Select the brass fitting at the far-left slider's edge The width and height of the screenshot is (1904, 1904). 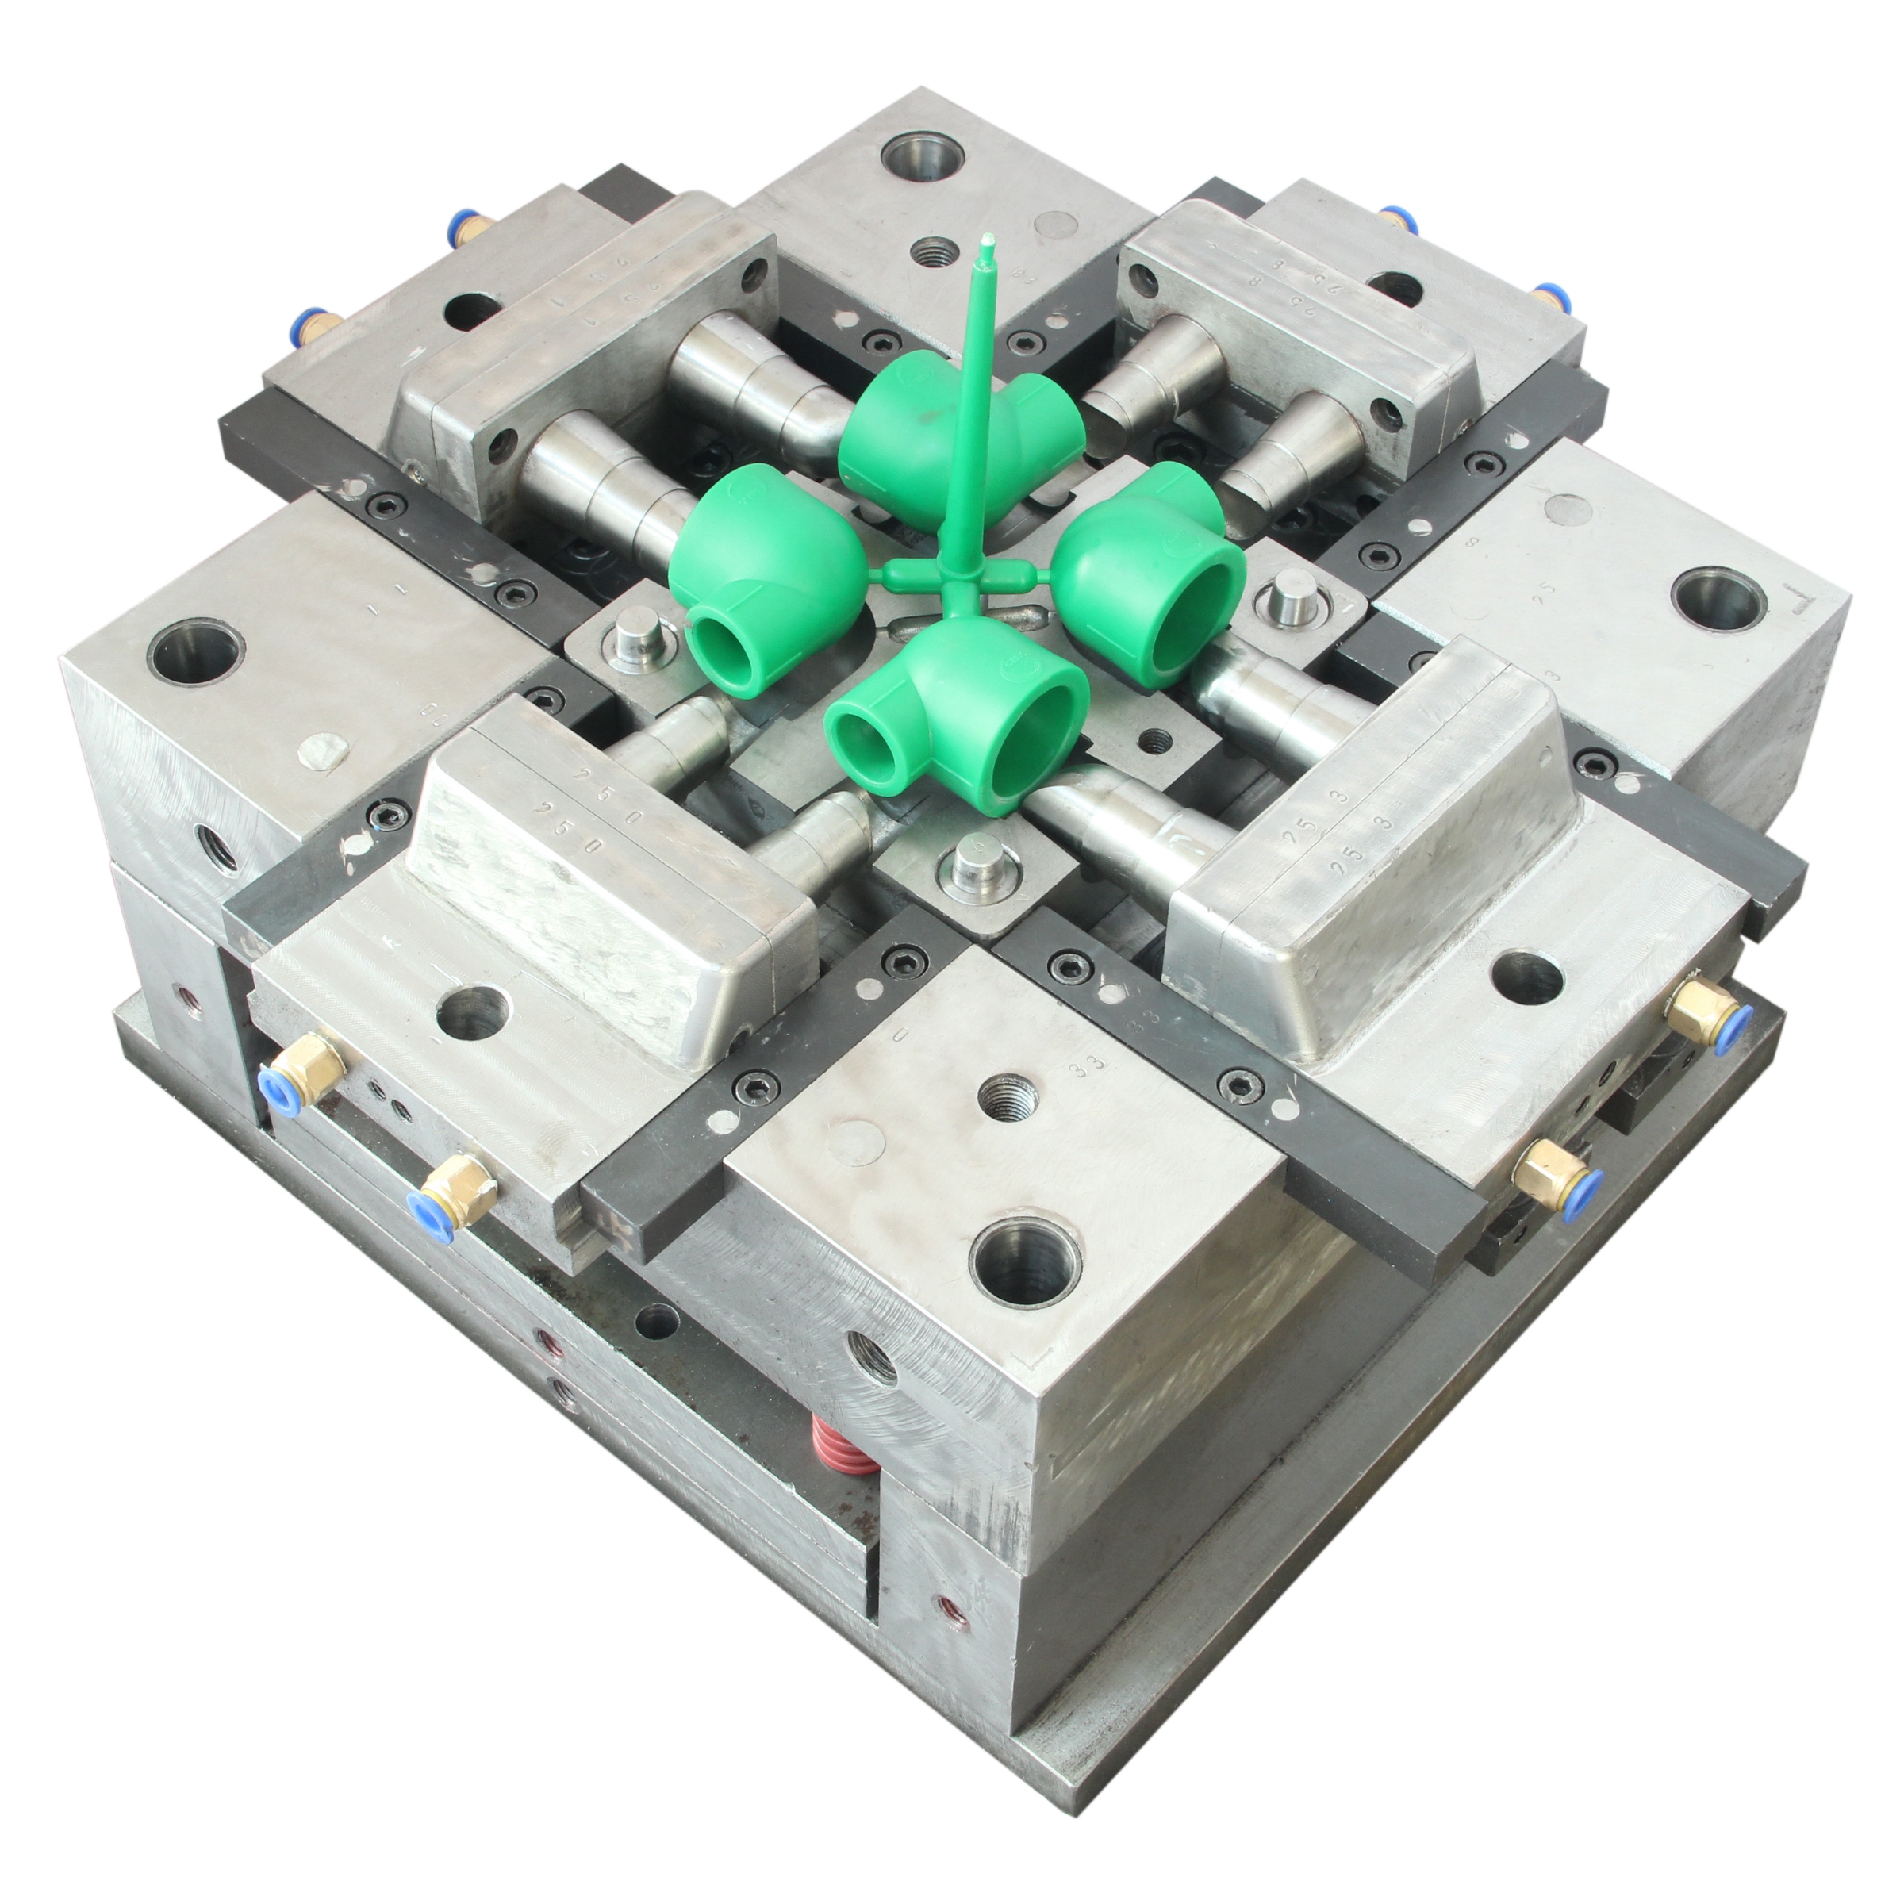313,329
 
